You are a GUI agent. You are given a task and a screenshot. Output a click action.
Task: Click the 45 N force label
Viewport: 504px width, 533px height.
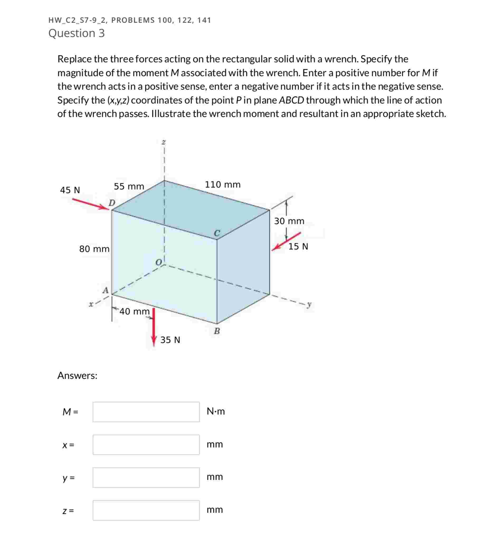70,190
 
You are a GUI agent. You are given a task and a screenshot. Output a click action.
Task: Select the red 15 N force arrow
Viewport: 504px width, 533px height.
286,241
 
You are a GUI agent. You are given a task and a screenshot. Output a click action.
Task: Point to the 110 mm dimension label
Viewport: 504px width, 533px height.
223,185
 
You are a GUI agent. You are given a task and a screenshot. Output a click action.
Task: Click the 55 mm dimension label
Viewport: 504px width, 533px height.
129,186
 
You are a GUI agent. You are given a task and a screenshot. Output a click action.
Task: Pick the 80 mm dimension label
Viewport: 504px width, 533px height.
94,249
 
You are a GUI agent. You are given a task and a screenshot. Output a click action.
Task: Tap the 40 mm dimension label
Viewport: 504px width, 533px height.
134,311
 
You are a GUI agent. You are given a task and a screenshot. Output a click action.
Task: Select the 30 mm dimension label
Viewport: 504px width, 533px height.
289,221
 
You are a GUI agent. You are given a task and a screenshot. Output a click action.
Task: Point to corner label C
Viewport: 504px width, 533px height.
217,233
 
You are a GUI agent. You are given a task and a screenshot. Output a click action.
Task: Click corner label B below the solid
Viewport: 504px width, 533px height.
217,331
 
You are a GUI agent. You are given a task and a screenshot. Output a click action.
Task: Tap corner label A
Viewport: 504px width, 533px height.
106,291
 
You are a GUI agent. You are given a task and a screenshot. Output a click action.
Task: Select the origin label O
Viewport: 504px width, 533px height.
159,262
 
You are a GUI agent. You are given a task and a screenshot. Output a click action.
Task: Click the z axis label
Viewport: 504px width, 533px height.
163,142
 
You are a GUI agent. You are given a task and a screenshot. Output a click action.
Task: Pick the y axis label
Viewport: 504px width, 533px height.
309,305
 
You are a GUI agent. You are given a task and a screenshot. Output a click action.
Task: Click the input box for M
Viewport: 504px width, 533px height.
146,412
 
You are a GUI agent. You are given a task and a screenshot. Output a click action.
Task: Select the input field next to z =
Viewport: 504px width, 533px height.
146,510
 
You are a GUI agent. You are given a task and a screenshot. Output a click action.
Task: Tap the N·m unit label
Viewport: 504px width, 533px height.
216,412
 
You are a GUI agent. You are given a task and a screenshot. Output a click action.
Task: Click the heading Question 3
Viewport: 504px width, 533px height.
77,33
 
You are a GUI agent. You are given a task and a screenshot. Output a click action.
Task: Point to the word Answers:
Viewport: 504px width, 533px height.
77,375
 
